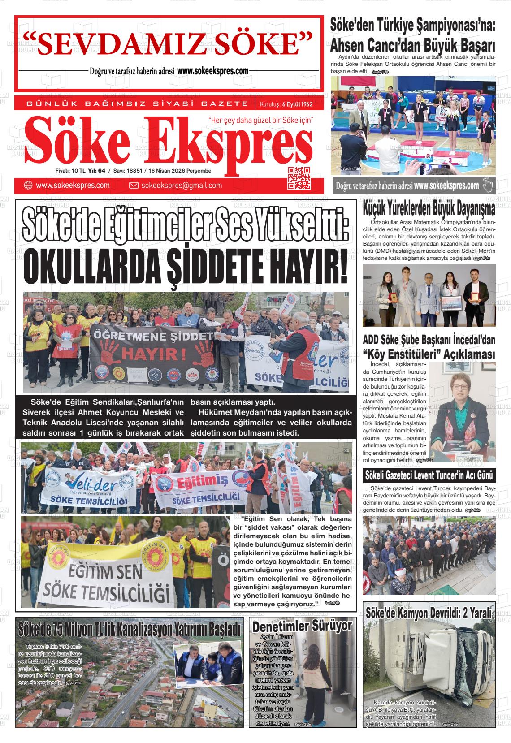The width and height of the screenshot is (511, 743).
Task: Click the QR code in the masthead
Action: [x=299, y=178]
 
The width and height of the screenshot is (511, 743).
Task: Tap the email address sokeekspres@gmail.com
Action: [x=181, y=186]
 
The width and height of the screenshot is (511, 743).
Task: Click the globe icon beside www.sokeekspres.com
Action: [x=28, y=186]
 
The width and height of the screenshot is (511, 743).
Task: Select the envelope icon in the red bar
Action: [x=133, y=186]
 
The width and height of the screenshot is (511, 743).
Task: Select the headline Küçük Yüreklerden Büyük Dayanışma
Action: [x=429, y=208]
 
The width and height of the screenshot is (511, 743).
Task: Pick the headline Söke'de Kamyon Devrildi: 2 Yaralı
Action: [x=429, y=613]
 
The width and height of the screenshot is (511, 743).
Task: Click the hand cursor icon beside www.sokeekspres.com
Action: [x=488, y=185]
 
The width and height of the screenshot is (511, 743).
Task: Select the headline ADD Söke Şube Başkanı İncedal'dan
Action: [x=429, y=339]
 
